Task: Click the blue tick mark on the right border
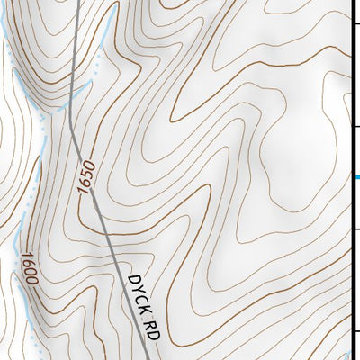click(x=356, y=176)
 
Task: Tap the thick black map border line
click(x=352, y=90)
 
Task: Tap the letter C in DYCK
click(x=139, y=296)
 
